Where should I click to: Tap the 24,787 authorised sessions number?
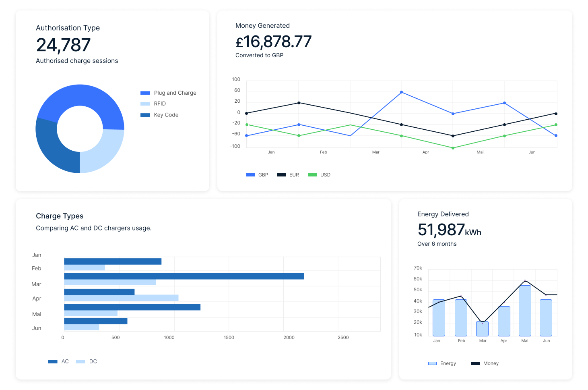coord(63,45)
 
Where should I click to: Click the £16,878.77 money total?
coord(273,41)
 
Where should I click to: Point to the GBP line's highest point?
coord(401,92)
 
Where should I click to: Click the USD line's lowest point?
coord(453,148)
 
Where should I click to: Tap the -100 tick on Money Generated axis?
coord(235,146)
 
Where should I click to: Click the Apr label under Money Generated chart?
coord(425,152)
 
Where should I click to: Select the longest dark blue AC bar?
coord(184,276)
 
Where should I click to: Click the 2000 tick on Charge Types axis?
coord(289,338)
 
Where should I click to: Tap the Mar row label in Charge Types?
coord(36,284)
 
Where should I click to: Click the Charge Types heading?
coord(60,216)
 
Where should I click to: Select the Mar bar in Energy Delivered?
coord(482,329)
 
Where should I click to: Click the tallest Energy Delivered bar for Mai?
coord(525,310)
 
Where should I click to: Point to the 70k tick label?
coord(418,268)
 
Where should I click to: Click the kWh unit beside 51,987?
coord(473,232)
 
